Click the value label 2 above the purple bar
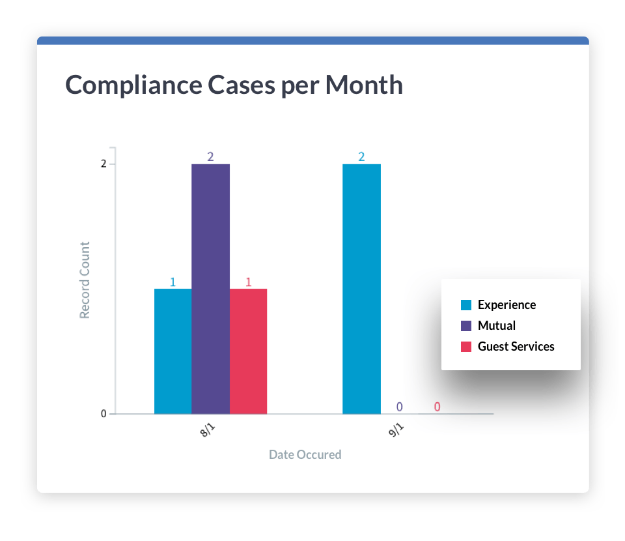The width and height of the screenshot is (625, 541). pos(210,156)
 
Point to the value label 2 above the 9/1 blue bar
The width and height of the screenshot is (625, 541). pos(361,156)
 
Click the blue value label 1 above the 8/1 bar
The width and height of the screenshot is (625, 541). pos(173,282)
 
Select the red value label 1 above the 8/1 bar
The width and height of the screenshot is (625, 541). pos(249,282)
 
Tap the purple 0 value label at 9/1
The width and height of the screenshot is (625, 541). pos(399,407)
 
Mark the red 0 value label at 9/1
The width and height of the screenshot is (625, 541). pos(437,407)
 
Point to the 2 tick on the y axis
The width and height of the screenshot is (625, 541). pos(104,164)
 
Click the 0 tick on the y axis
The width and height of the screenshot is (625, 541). pos(104,414)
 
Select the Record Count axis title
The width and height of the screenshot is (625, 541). pos(85,280)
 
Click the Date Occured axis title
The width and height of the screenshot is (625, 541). pos(305,454)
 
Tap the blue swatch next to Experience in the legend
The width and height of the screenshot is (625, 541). pos(466,305)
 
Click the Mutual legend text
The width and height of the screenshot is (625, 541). pos(496,325)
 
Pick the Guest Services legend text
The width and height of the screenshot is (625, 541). pos(516,346)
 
